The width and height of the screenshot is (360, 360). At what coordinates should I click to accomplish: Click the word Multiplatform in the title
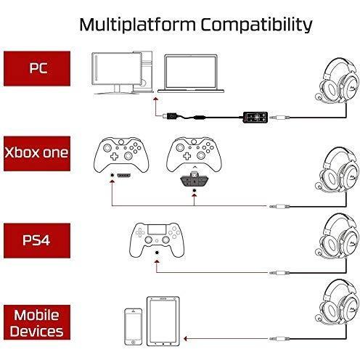[137, 25]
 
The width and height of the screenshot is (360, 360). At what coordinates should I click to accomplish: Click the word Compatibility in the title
[257, 25]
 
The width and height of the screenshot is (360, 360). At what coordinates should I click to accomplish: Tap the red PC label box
[37, 68]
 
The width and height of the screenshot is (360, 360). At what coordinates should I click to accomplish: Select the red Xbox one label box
[37, 154]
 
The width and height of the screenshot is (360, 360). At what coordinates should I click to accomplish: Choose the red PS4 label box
[37, 240]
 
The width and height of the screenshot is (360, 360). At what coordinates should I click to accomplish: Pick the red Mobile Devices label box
[37, 322]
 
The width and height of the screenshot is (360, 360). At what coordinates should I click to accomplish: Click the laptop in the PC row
[191, 73]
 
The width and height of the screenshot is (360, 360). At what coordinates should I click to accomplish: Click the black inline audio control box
[255, 118]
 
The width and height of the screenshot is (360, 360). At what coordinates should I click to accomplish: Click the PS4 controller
[157, 240]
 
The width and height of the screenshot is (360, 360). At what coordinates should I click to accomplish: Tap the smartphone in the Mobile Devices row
[133, 327]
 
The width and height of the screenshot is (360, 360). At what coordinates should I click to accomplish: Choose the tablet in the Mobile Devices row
[163, 322]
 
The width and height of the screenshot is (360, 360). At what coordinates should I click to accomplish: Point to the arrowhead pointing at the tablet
[185, 339]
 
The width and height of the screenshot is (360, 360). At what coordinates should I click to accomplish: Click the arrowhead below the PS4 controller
[157, 261]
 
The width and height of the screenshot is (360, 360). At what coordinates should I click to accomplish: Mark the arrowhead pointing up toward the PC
[156, 99]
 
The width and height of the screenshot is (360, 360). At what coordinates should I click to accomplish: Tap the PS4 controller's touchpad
[157, 229]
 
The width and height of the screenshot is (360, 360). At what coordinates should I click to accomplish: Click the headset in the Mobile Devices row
[337, 304]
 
